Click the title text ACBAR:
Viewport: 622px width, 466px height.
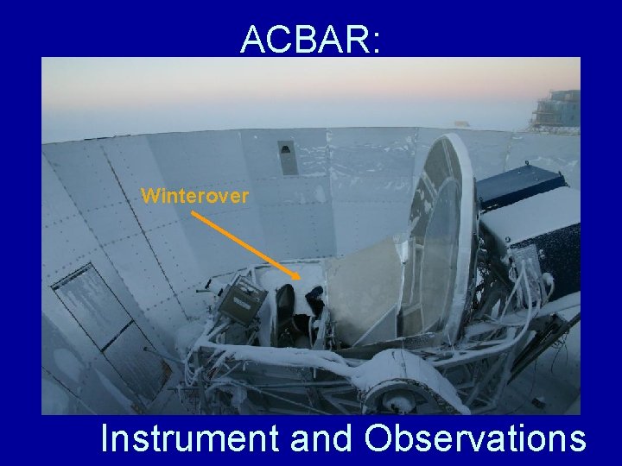310,39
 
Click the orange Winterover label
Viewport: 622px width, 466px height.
194,196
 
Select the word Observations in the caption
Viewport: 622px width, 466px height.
474,438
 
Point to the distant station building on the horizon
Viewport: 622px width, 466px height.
556,110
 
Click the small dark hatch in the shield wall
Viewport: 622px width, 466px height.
287,157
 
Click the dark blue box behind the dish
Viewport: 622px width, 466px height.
520,184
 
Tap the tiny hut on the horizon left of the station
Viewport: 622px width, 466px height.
463,123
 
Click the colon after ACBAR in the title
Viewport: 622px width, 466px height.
374,43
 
